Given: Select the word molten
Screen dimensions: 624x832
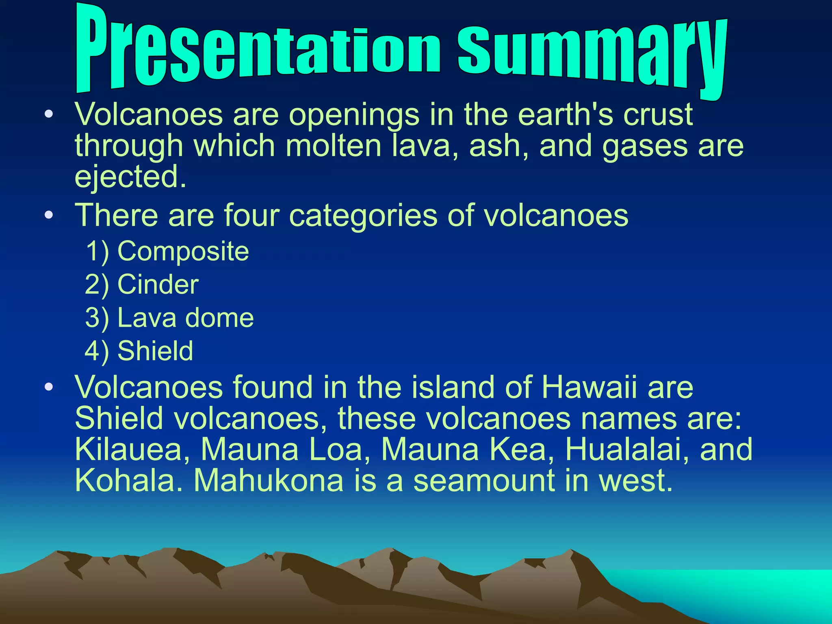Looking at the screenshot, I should tap(333, 146).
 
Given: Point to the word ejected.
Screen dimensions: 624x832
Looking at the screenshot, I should tap(130, 177).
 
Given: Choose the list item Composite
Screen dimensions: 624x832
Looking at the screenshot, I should tap(183, 251).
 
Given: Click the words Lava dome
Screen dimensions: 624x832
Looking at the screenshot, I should tap(185, 318).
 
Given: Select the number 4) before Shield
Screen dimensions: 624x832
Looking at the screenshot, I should tap(97, 351).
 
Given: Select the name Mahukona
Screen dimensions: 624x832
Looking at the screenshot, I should tap(268, 481).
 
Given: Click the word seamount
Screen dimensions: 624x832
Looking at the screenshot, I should tap(483, 481).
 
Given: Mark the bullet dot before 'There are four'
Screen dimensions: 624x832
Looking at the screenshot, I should tap(49, 215).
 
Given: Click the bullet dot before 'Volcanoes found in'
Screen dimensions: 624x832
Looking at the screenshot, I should tap(49, 387).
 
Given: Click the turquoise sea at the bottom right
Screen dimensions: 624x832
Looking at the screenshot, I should tap(752, 593).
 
